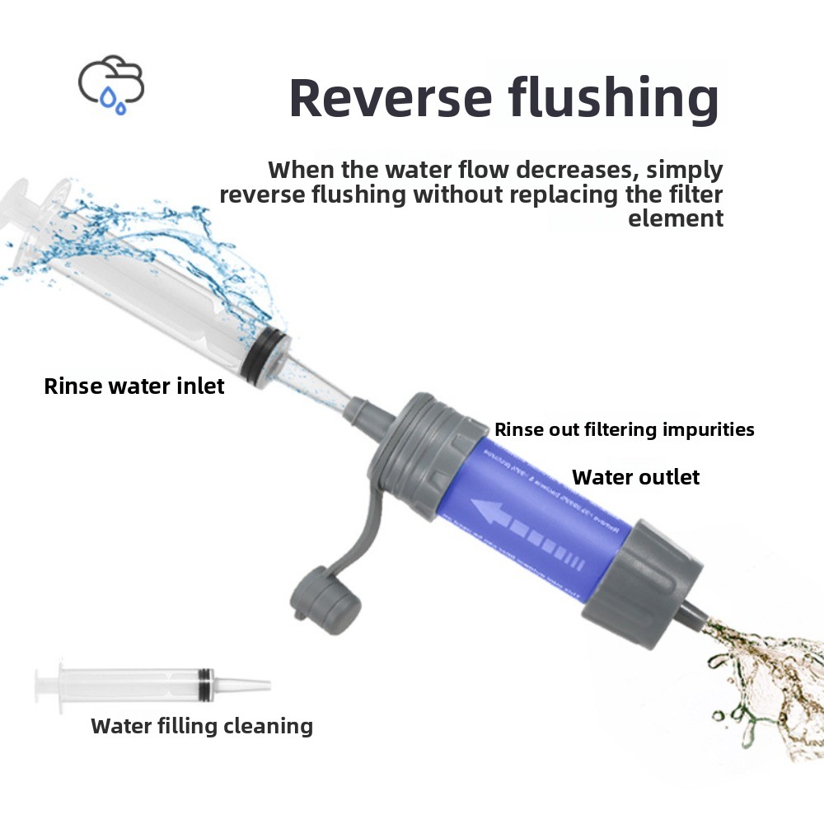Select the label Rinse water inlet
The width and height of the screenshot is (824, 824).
tap(134, 386)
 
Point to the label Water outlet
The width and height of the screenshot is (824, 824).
tap(635, 477)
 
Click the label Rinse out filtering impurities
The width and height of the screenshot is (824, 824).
tap(624, 429)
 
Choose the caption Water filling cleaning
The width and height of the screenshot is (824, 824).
tap(202, 726)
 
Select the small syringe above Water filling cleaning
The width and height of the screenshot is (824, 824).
tap(152, 683)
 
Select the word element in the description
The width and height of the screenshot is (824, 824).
tap(676, 219)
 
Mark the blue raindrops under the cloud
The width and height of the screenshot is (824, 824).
tap(113, 102)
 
